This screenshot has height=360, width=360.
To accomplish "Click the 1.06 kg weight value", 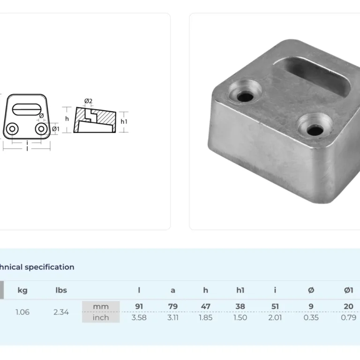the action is (x=22, y=312).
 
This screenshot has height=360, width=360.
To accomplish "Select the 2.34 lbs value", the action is (x=61, y=312).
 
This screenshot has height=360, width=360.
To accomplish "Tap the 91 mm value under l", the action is (x=139, y=306).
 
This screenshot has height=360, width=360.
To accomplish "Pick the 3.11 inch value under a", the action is (x=173, y=317).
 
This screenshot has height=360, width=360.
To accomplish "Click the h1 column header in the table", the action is (x=240, y=290).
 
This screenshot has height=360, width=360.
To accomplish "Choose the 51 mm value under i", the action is (x=275, y=306).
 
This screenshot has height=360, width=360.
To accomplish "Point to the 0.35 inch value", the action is (x=311, y=317).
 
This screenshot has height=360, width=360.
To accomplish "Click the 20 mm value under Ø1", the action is (x=348, y=306).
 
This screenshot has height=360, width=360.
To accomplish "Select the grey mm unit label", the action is (x=101, y=307).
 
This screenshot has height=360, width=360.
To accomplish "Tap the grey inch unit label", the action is (x=101, y=317).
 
